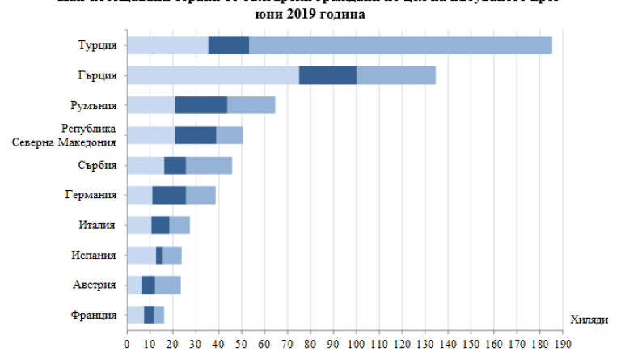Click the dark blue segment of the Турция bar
click(x=228, y=45)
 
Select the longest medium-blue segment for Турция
click(x=400, y=45)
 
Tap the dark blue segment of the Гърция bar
click(x=327, y=75)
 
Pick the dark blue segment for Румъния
click(x=201, y=105)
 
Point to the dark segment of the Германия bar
click(x=169, y=195)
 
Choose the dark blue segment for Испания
click(x=159, y=255)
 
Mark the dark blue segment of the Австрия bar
click(x=148, y=285)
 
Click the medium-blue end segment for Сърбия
click(x=209, y=165)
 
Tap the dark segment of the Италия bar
click(x=160, y=225)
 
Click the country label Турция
click(x=97, y=45)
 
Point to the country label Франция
click(x=95, y=315)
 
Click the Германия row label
click(x=91, y=195)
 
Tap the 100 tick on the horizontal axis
click(x=356, y=343)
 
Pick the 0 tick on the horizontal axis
click(x=127, y=343)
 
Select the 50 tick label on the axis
click(x=241, y=343)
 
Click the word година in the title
click(x=340, y=14)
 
